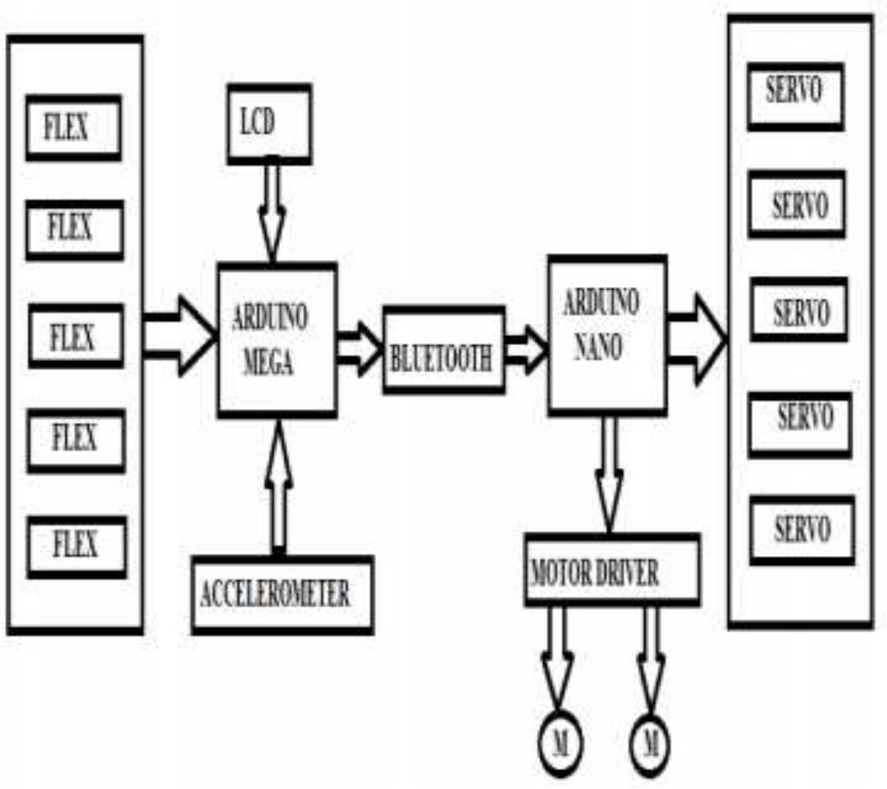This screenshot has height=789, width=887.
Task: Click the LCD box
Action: (270, 124)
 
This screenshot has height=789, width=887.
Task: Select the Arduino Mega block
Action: (277, 340)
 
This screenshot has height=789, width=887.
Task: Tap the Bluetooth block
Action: (443, 351)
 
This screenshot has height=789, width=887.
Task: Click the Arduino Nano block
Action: (607, 335)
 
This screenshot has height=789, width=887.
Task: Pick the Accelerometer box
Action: (283, 594)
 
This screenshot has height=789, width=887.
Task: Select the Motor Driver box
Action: (612, 571)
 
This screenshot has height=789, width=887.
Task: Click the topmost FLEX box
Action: (74, 128)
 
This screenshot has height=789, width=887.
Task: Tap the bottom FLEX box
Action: (77, 547)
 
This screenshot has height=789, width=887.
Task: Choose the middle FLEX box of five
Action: (76, 336)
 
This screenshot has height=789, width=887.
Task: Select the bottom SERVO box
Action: (802, 530)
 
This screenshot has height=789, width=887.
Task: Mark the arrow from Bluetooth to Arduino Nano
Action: (526, 349)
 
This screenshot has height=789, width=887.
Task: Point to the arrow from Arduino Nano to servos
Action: (696, 337)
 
